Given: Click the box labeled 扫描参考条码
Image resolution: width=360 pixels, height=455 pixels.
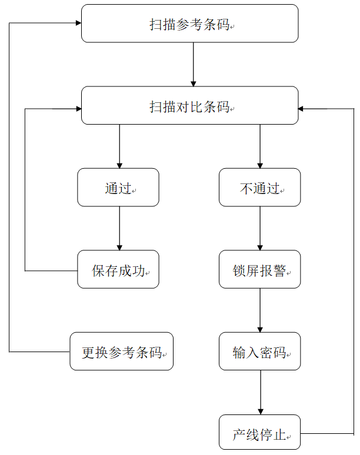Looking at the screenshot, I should pos(189,24).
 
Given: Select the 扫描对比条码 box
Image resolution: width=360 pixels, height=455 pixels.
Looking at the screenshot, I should pos(189,106).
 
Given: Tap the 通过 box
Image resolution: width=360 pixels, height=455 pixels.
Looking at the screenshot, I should pos(118,188).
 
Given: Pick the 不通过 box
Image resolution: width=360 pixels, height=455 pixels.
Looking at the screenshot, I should pos(259,188).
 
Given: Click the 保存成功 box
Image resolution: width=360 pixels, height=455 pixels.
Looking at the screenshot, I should pos(118,270).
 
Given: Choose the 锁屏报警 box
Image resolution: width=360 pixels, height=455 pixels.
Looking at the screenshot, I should pos(259,270).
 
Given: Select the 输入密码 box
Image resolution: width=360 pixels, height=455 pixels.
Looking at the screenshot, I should pos(259,352).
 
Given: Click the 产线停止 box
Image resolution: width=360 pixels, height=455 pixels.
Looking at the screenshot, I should pos(259,433).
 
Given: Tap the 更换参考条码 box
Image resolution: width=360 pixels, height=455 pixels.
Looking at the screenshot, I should pos(121,352).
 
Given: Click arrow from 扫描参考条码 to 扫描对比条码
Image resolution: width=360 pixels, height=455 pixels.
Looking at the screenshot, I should pos(193,65).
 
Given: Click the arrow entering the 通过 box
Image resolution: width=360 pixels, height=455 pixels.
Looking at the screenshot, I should pos(119,147).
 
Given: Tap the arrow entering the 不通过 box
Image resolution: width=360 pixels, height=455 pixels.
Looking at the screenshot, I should pos(260,147).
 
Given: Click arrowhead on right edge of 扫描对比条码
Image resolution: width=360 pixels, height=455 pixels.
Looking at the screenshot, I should pos(302,109).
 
